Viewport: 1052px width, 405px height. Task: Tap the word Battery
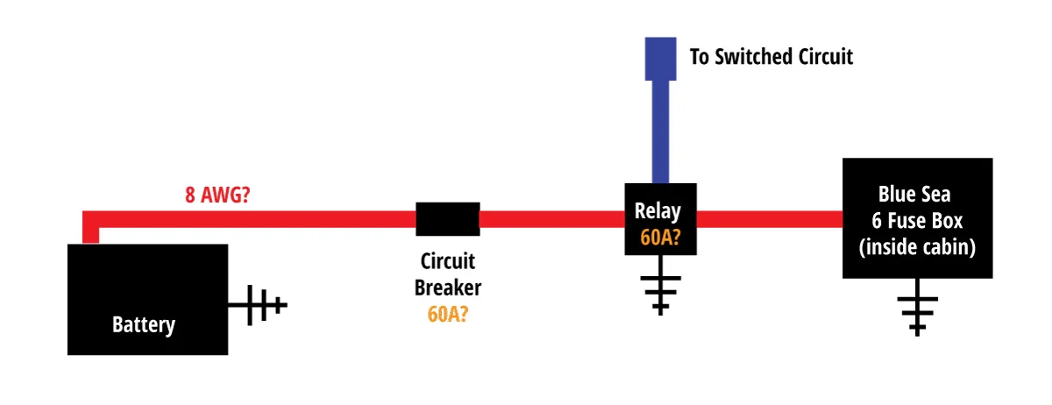tap(144, 325)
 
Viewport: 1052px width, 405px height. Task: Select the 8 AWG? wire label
tap(217, 195)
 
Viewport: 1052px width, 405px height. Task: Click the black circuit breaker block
tap(447, 219)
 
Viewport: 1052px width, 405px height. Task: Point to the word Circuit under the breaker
tap(448, 261)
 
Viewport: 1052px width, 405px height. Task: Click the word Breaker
tap(448, 288)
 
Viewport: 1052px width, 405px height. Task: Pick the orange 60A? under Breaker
tap(448, 314)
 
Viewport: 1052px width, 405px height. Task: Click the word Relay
tap(658, 210)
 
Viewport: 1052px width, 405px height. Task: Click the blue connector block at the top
tap(660, 58)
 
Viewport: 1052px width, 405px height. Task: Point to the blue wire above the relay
tap(660, 131)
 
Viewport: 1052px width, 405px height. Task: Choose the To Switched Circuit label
tap(771, 58)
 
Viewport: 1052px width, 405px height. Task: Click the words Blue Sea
tap(917, 195)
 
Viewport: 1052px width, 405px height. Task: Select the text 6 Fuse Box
tap(917, 221)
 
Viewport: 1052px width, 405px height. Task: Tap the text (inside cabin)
tap(917, 247)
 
